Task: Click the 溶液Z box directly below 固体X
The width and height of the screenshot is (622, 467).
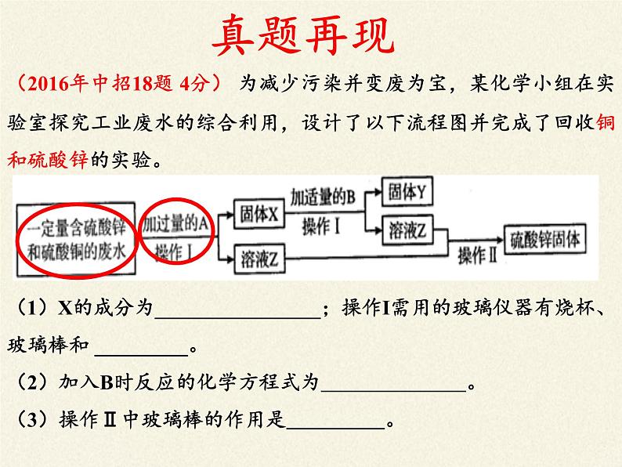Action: tap(259, 260)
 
